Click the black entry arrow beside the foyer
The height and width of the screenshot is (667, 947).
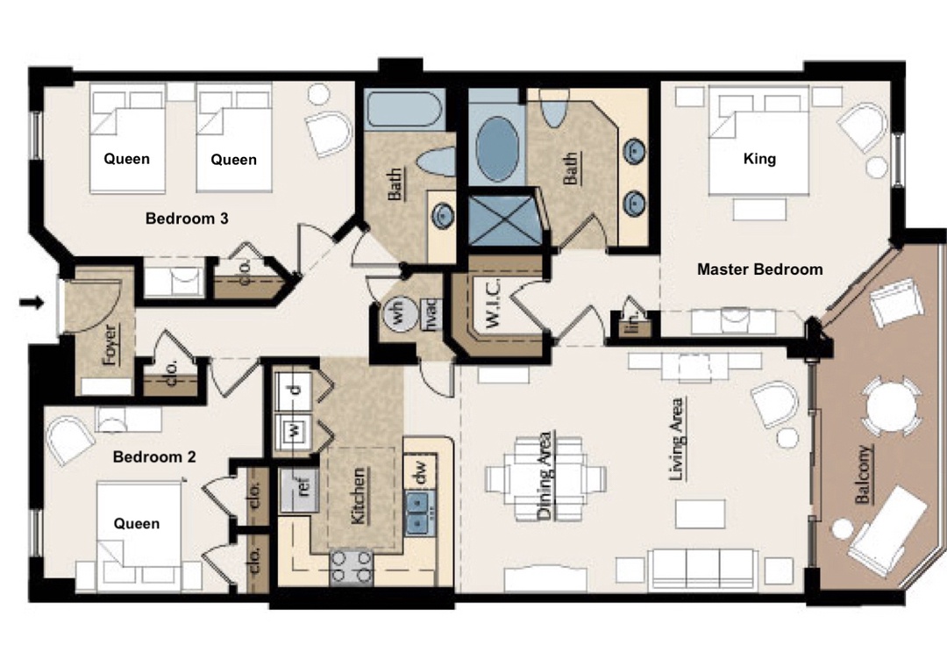point(32,302)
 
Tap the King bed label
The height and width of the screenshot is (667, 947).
point(759,159)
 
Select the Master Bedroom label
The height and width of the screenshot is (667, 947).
point(759,269)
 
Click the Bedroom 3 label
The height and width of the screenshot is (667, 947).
point(187,219)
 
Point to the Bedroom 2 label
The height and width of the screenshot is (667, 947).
point(154,456)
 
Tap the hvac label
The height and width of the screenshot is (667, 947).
point(431,314)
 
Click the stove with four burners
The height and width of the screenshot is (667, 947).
point(352,567)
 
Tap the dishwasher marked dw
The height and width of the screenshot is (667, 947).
point(421,470)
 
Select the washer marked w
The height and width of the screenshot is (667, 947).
point(294,431)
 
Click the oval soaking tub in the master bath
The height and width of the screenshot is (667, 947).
point(497,149)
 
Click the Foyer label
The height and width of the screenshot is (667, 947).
point(110,345)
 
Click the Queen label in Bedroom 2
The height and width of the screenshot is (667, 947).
point(137,523)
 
